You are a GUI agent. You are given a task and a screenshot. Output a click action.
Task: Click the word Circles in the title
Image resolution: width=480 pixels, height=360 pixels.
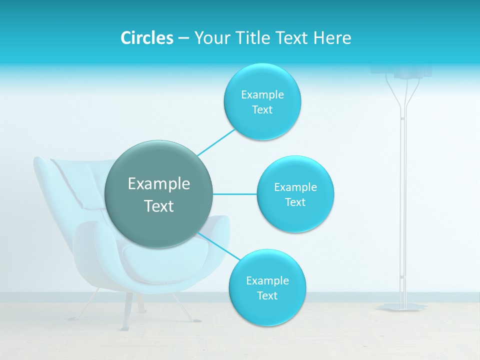(146, 38)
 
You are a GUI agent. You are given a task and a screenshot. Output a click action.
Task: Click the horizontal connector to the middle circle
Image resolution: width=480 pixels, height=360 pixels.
(234, 194)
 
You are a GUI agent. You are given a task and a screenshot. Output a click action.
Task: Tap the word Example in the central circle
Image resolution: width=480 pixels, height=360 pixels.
(159, 184)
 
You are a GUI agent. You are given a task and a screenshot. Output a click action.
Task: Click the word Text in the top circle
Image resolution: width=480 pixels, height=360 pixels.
(262, 110)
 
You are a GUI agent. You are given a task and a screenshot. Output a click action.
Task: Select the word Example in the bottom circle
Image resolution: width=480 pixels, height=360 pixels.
(267, 280)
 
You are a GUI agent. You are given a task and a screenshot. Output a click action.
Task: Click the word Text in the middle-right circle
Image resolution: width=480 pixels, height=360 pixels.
(295, 202)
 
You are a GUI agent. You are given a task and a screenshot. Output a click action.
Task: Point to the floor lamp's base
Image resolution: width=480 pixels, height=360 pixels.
(402, 306)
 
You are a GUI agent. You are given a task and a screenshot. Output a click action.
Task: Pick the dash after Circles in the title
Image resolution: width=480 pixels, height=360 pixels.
(183, 38)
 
